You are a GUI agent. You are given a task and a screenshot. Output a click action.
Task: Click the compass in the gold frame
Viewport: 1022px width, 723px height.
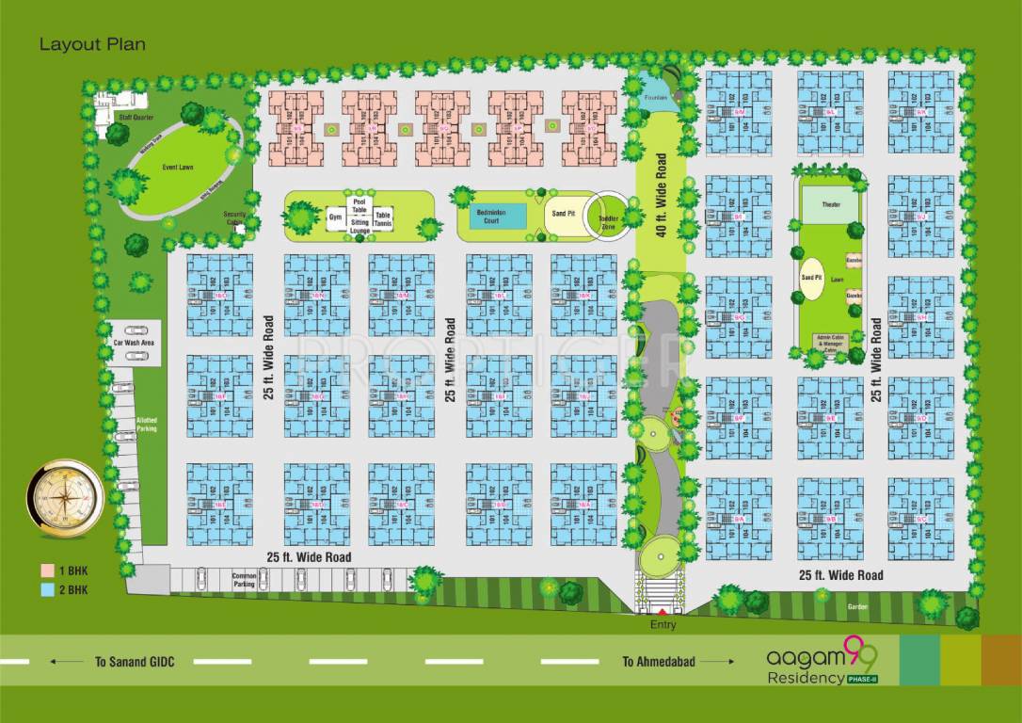coord(65,498)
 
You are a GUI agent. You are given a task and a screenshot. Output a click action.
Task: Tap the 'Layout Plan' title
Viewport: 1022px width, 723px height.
coord(92,44)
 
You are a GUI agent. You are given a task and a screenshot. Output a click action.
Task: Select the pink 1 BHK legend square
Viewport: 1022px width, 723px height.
coord(46,570)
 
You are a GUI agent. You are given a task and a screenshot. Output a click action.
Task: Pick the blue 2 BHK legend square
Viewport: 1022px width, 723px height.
coord(46,590)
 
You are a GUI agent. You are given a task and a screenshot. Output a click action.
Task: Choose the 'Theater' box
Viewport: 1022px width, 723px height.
coord(831,204)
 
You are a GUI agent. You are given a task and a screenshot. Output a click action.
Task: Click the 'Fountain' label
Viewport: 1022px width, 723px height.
coord(656,97)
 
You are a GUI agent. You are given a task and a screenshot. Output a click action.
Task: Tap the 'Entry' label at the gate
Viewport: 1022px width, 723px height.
coord(663,624)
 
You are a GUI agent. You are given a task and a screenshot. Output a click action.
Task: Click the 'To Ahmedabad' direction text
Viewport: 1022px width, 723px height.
coord(659,662)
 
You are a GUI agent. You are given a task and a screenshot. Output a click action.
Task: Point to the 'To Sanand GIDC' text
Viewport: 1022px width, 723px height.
coord(133,662)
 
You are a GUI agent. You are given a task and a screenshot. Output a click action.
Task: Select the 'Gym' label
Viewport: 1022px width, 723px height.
coord(334,217)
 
